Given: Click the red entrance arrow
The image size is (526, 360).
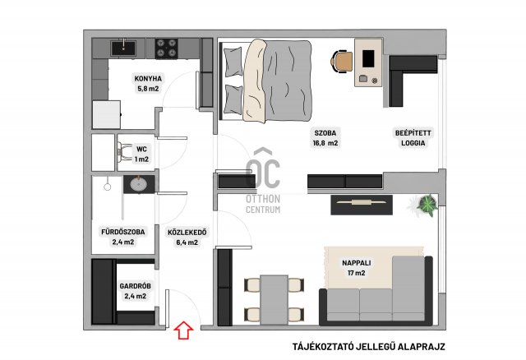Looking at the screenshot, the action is pos(183,330).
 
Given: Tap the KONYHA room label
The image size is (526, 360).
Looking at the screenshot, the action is pos(148,79).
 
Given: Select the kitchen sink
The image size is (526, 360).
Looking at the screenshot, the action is pos(123,48).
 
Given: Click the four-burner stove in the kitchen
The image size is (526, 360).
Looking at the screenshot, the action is pos(166,48).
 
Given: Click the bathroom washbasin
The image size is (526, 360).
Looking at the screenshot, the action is pos(139,184).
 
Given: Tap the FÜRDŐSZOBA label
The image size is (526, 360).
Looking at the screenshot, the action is pos(123,232).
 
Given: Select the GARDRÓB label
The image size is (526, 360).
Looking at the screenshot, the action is pos(135,286).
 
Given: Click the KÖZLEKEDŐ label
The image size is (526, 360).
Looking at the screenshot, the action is pos(187,232).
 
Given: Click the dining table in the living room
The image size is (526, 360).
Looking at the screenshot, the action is pos(274,300).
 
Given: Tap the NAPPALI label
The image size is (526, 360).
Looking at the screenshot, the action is pos(356,263).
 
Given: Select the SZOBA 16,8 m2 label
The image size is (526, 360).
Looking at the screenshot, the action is pos(325,138).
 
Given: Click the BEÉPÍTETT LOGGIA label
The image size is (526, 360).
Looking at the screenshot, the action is pos(413,138).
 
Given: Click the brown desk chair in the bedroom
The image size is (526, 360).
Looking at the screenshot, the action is pos(342,61).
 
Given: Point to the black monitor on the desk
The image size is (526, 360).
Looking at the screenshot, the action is pos(368,58).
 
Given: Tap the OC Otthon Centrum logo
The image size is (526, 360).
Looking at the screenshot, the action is pos(263,181).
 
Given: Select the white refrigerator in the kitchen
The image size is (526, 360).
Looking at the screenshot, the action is pos(106,114).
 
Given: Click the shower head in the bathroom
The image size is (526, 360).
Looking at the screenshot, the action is pos(108,187).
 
